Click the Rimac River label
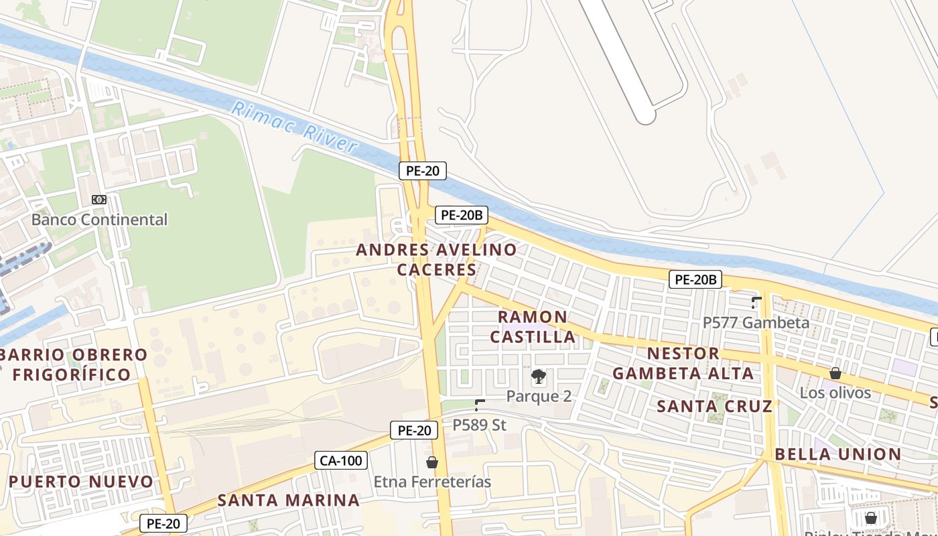(294, 128)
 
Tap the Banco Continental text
(99, 219)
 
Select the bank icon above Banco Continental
(99, 200)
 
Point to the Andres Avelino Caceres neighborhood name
(436, 260)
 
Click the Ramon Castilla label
(533, 327)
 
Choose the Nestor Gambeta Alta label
(683, 363)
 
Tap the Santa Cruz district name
(714, 406)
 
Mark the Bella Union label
(837, 454)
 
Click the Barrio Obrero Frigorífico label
(73, 364)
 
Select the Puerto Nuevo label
(81, 482)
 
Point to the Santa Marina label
(289, 500)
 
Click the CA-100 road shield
(340, 460)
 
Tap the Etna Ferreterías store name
(432, 482)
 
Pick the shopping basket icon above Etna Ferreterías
(432, 462)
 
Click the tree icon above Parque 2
(538, 377)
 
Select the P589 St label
(479, 425)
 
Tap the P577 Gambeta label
(756, 322)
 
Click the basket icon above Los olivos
(835, 373)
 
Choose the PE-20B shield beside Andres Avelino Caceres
(462, 215)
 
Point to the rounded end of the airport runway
(645, 117)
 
